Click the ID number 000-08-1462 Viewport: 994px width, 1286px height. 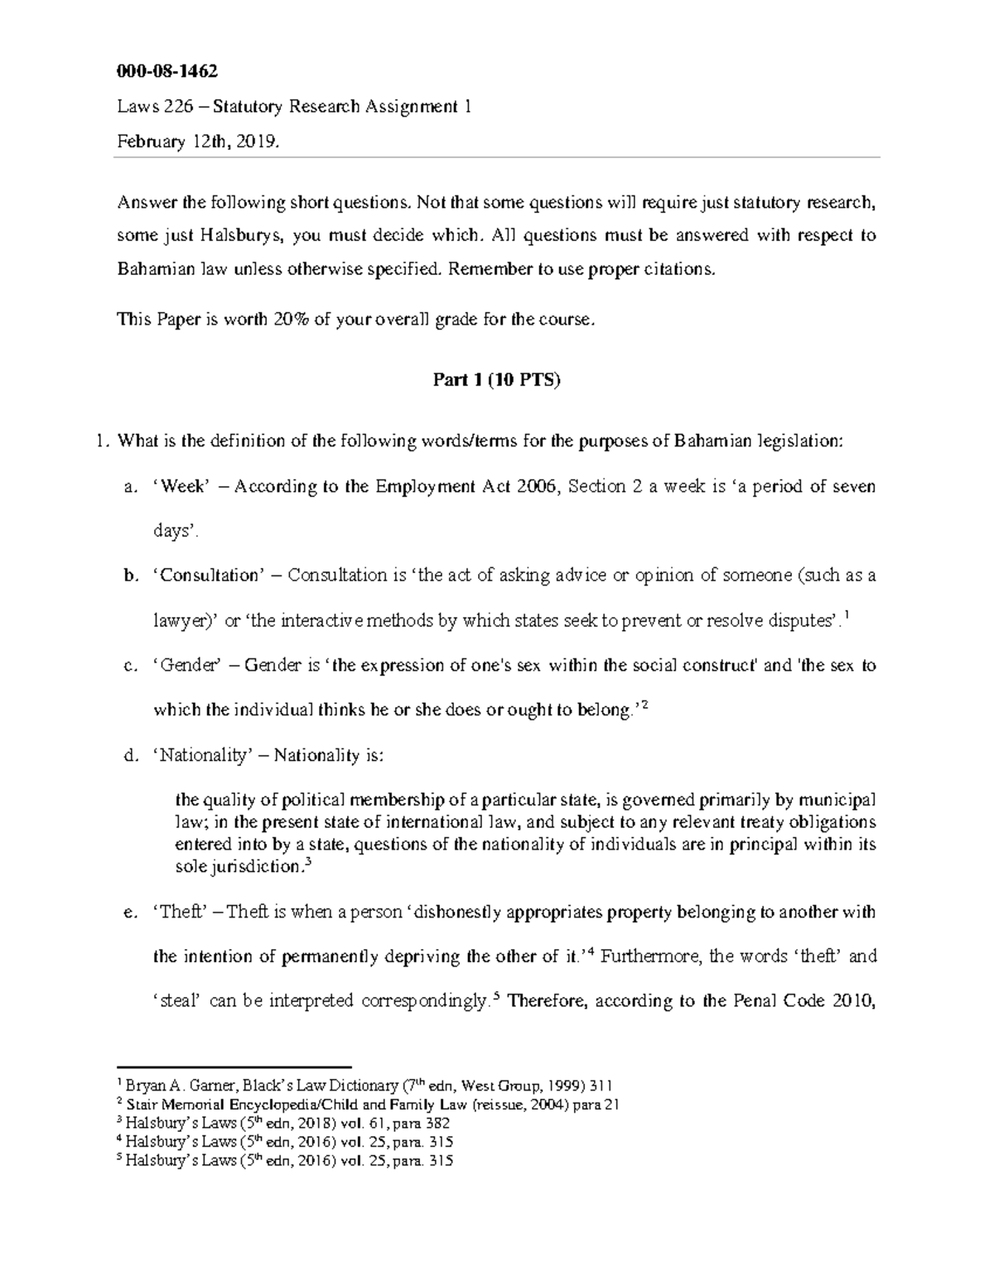click(x=166, y=71)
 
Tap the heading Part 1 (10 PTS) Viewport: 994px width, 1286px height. click(x=497, y=381)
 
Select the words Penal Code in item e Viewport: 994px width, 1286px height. click(x=784, y=1001)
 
